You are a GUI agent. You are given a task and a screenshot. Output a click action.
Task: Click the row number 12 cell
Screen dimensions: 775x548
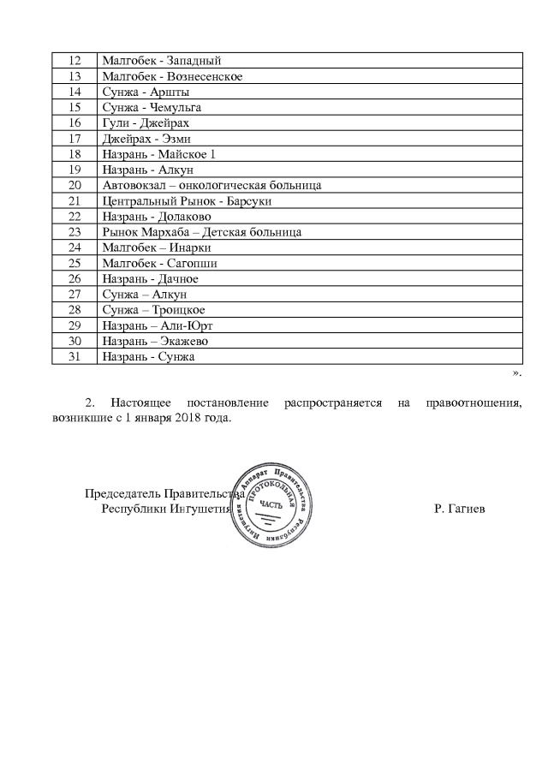pos(74,61)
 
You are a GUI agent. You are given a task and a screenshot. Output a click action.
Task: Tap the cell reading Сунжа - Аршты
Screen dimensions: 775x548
pos(146,92)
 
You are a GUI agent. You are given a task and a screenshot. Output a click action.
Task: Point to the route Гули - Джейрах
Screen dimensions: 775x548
pos(145,122)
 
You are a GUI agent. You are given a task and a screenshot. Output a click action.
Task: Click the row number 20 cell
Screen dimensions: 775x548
pos(74,185)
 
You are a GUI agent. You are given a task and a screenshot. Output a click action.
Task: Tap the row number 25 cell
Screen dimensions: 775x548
pos(74,263)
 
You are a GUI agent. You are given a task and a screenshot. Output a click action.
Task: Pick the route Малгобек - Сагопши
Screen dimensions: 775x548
pos(158,263)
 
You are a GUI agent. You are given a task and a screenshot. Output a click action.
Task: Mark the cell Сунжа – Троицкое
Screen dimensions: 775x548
pos(153,310)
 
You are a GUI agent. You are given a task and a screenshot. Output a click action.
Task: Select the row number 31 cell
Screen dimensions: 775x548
pos(74,356)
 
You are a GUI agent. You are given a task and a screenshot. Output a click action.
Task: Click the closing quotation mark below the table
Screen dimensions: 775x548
pos(516,373)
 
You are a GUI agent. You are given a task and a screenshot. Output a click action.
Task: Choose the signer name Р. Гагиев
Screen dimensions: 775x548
pos(460,509)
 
